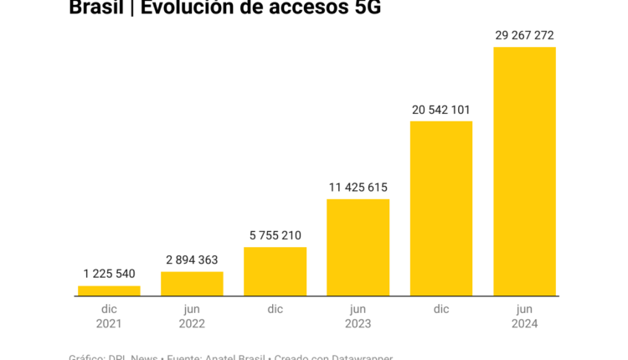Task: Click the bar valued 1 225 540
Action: tap(109, 291)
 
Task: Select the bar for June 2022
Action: tap(192, 284)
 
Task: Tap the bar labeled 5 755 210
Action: tap(275, 271)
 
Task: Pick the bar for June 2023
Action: tap(358, 247)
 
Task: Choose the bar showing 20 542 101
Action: tap(441, 208)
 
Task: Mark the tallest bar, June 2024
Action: tap(524, 171)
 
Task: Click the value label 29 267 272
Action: tap(524, 35)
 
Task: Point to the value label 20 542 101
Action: tap(441, 110)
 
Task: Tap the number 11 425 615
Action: tap(358, 188)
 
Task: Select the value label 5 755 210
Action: tap(275, 235)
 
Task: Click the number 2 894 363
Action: tap(192, 260)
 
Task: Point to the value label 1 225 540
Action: tap(109, 274)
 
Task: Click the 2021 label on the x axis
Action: tap(109, 323)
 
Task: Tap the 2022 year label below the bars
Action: tap(192, 323)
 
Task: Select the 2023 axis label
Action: tap(358, 323)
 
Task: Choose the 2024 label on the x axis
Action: tap(524, 323)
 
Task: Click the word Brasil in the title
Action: tap(95, 8)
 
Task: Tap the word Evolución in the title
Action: tap(188, 8)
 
